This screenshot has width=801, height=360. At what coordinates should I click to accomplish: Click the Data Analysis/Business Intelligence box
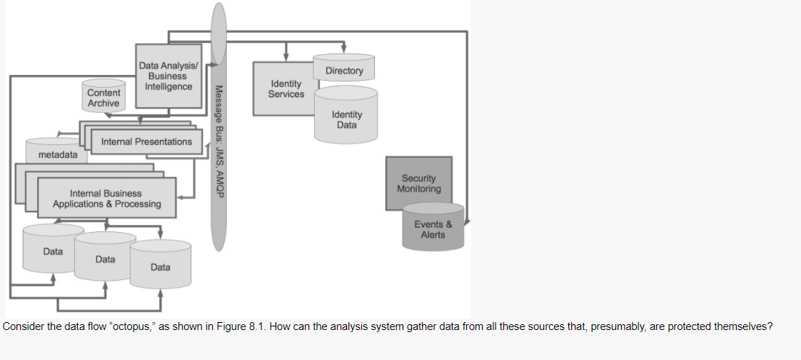(x=168, y=76)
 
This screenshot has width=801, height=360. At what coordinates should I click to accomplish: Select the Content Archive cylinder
(x=104, y=98)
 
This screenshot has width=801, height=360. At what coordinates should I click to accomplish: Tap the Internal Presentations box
(x=146, y=141)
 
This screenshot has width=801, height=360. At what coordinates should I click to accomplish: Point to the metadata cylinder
(x=58, y=154)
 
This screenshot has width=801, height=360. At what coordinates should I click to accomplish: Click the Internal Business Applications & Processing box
(x=106, y=198)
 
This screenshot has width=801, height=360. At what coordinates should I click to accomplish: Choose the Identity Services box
(x=286, y=89)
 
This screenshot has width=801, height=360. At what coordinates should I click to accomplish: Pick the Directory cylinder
(x=344, y=71)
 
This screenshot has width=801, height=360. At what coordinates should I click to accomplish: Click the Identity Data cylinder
(x=347, y=119)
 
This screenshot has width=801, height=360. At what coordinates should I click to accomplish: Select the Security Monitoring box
(x=418, y=184)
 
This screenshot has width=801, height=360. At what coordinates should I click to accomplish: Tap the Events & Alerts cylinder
(x=433, y=229)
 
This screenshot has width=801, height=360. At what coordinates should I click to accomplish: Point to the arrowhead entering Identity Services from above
(x=286, y=57)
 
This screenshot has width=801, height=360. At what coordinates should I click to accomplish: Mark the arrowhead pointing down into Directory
(x=344, y=49)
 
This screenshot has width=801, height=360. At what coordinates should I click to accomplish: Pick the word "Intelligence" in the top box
(x=168, y=86)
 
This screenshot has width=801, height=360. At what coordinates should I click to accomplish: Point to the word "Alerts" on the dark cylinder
(x=433, y=234)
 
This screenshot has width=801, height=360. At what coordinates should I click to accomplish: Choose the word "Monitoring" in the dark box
(x=418, y=189)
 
